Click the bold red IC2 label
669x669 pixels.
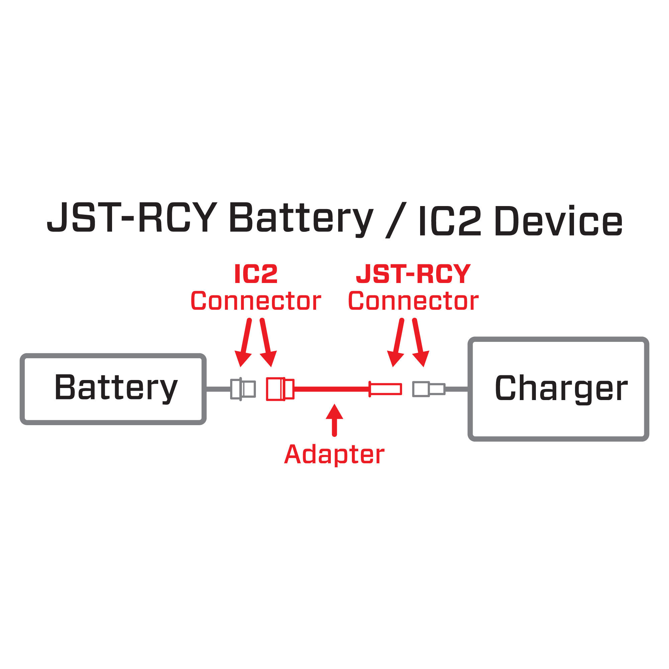pos(256,274)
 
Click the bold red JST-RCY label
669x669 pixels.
pos(413,274)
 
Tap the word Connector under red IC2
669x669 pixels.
pos(256,301)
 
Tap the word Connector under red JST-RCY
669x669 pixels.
pos(413,301)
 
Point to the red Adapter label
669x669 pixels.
pos(334,454)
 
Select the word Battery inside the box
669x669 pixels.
pos(116,387)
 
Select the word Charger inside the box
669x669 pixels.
pos(561,388)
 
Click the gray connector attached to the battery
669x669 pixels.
pos(243,389)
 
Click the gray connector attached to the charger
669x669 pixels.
pos(428,389)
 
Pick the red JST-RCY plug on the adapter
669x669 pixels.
pos(385,389)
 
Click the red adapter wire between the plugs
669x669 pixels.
pos(331,389)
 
